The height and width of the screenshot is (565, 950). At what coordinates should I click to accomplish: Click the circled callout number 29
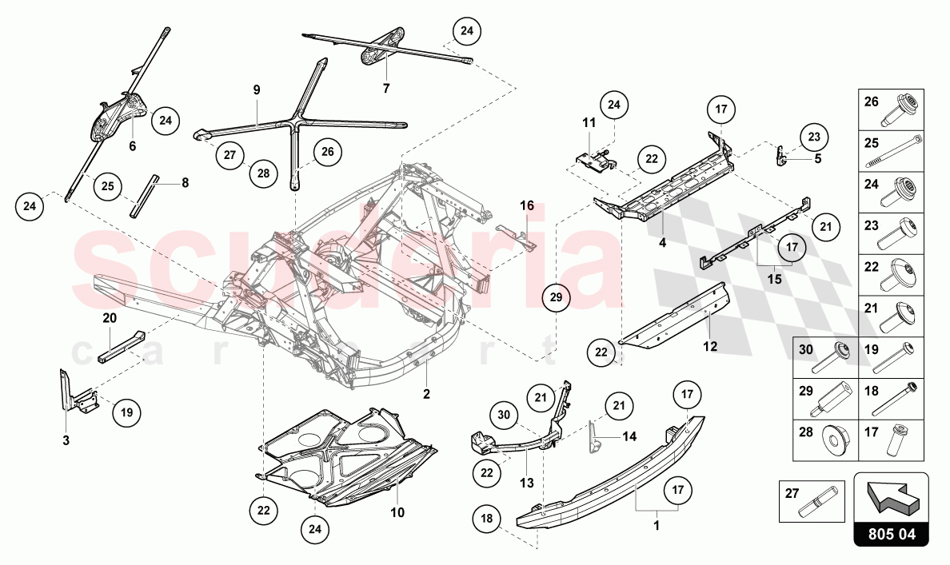click(557, 299)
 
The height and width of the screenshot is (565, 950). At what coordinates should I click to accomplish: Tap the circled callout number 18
click(486, 519)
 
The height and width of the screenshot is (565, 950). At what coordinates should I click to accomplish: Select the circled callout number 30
click(504, 415)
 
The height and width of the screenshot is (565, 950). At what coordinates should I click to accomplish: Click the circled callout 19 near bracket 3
click(126, 413)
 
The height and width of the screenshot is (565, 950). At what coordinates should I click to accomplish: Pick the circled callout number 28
click(262, 171)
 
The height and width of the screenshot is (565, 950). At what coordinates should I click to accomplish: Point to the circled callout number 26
click(328, 151)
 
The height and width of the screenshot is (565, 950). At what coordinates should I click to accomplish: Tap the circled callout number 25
click(107, 186)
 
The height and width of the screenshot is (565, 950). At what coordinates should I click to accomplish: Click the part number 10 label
click(397, 511)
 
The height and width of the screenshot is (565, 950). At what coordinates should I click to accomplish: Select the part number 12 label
click(710, 346)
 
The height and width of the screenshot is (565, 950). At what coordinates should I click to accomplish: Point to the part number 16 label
click(526, 205)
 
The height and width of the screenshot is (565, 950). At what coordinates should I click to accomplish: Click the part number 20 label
click(110, 317)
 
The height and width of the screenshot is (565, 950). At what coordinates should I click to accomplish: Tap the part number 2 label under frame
click(426, 394)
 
